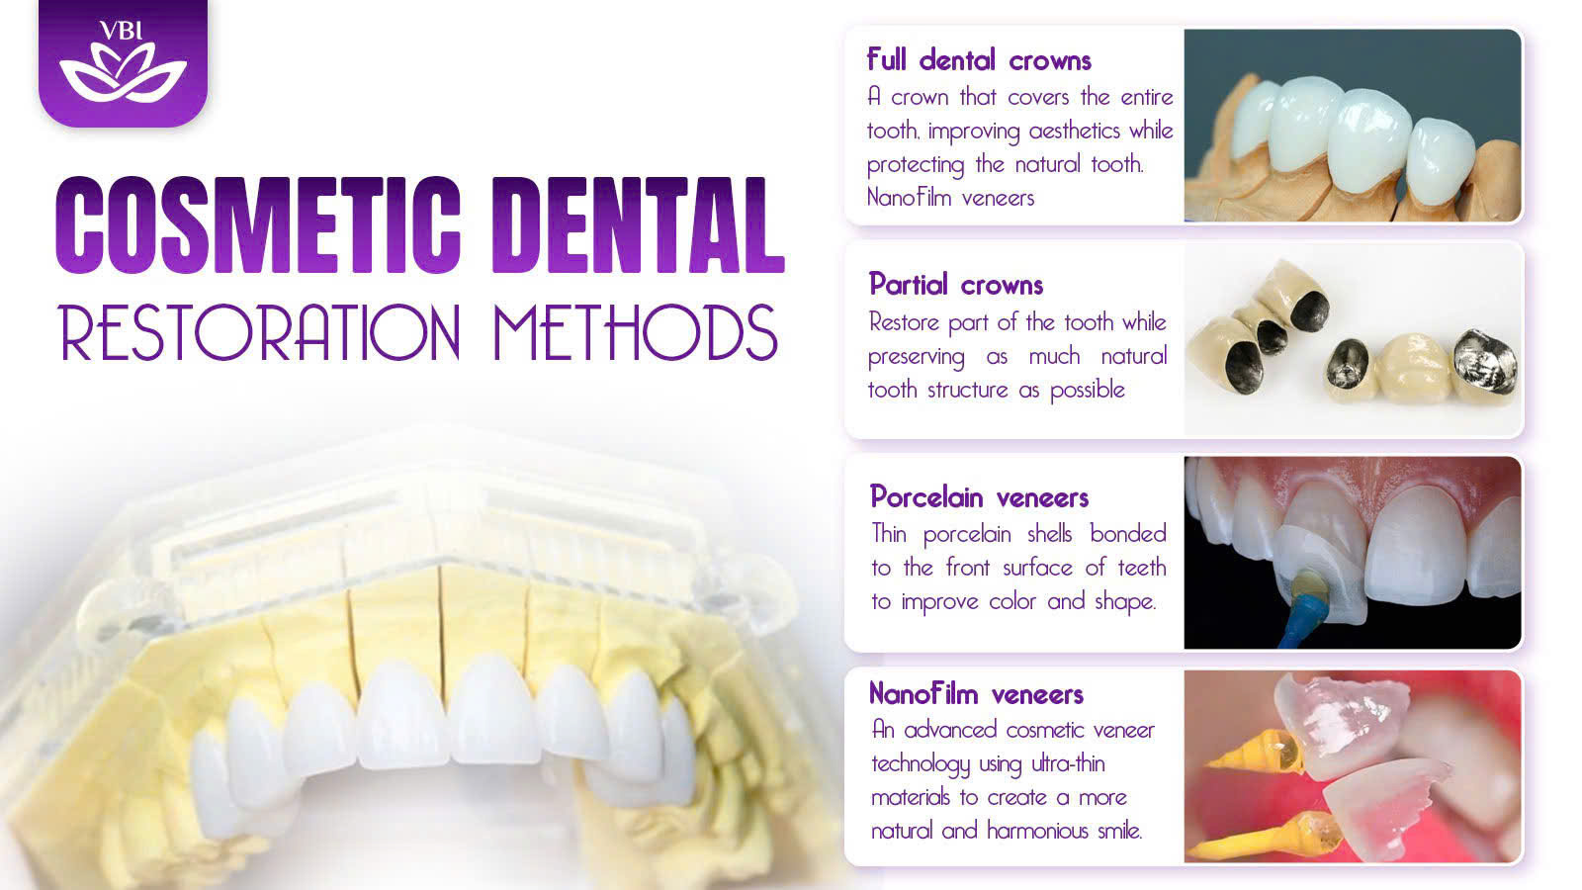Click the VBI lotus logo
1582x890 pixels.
coord(123,62)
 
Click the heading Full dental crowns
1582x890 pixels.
coord(979,60)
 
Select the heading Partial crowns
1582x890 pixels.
coord(955,285)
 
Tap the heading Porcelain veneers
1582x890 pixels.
coord(979,497)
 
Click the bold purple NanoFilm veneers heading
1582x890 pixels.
coord(976,693)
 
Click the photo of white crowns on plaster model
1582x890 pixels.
coord(1352,126)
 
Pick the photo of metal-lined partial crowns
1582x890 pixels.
coord(1352,339)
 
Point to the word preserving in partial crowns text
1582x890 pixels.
coord(916,357)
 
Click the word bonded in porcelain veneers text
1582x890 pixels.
coord(1128,533)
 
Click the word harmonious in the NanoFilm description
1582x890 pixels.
coord(1037,831)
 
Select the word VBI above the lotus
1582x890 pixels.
coord(122,31)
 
